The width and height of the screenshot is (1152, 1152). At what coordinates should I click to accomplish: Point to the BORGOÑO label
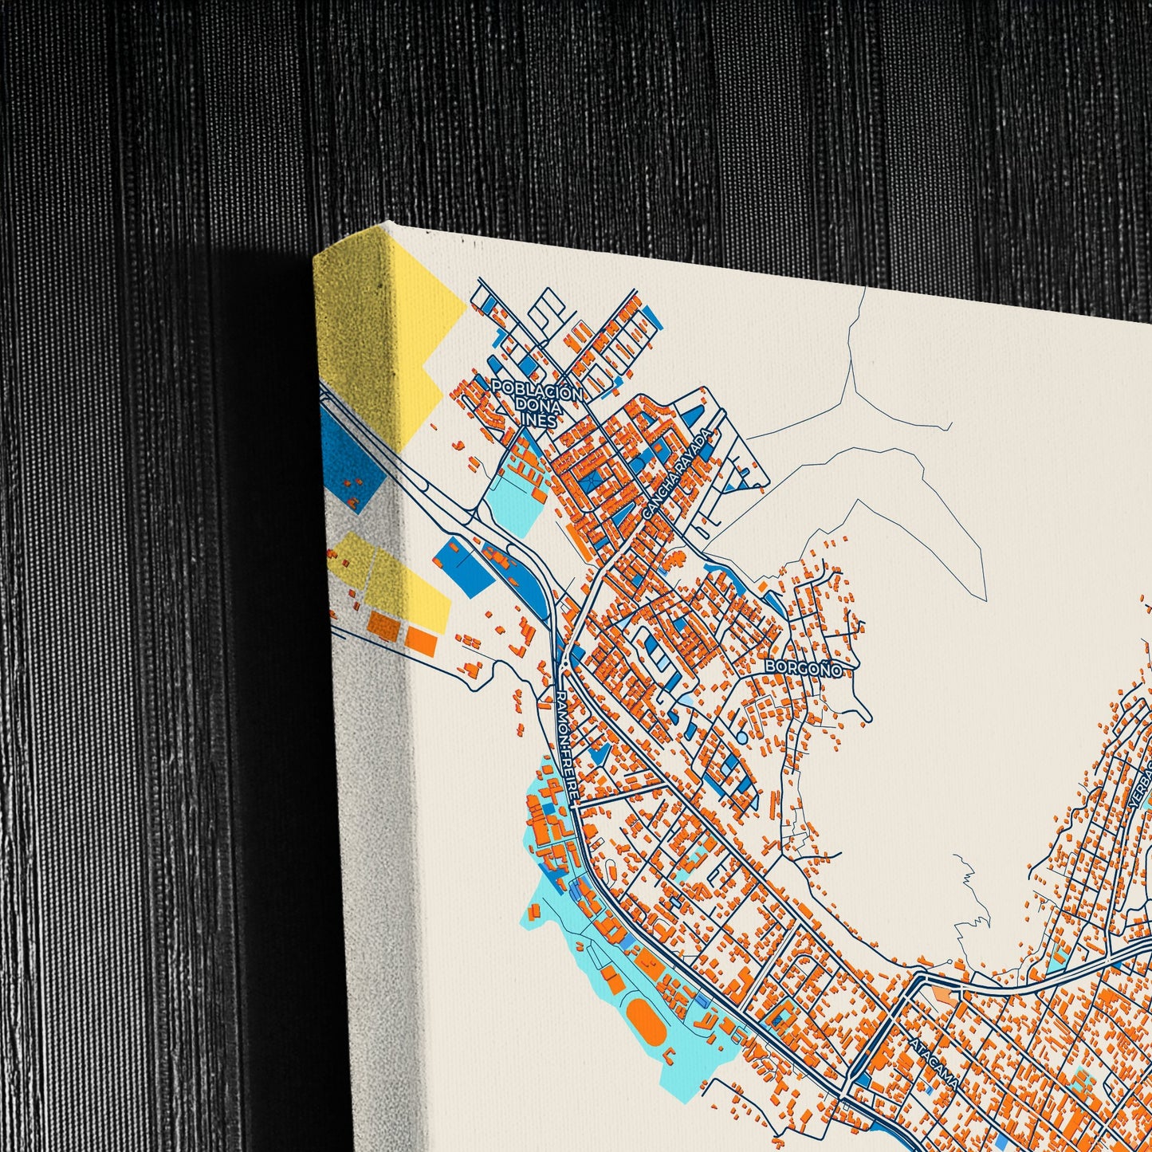pos(803,668)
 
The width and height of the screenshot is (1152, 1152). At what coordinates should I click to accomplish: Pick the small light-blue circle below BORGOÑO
pos(742,738)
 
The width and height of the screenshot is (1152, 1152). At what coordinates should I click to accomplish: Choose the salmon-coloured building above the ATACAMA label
pos(942,995)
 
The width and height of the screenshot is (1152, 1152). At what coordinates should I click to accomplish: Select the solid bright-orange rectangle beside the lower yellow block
pos(421,639)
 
